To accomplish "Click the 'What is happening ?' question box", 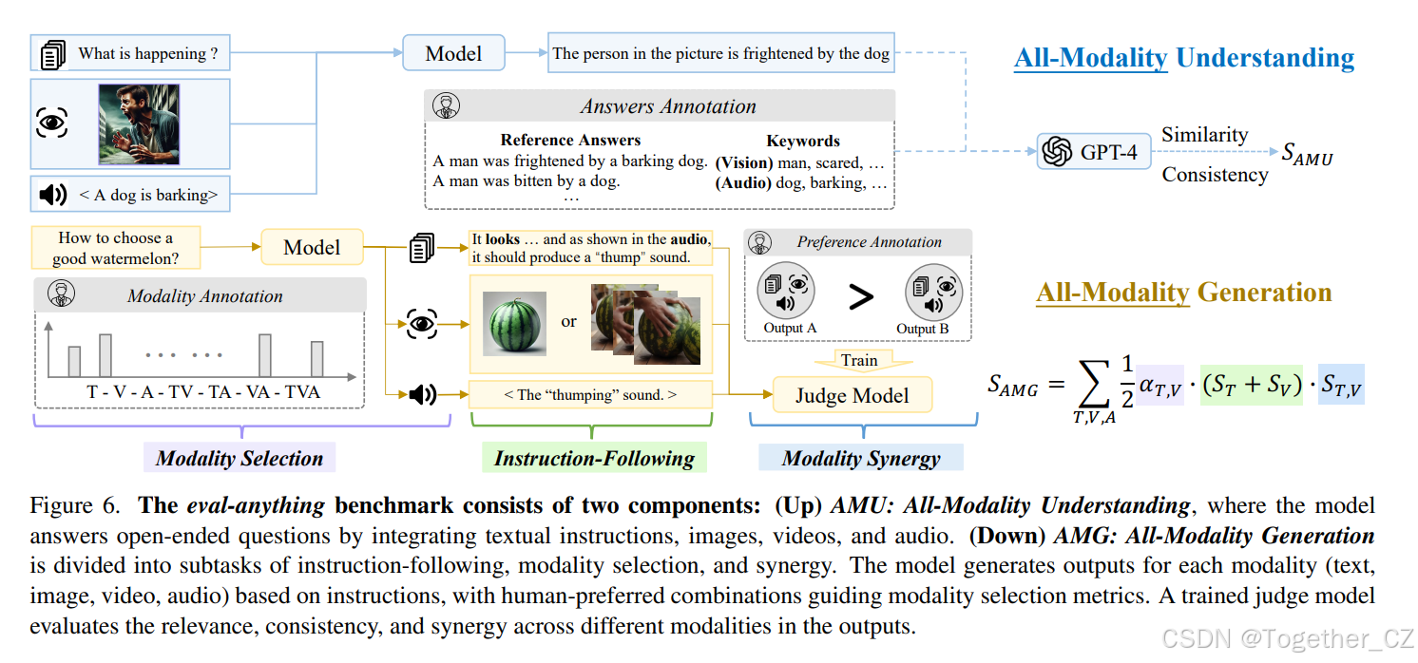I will pos(130,54).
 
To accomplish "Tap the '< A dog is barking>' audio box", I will pos(130,195).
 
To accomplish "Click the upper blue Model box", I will pos(453,53).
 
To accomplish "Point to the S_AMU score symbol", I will pos(1307,153).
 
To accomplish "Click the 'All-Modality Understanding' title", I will pos(1184,58).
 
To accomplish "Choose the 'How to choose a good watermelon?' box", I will pos(115,248).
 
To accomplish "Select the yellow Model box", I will pos(312,248).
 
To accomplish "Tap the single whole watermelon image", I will pos(514,323).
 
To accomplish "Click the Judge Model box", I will pos(852,396).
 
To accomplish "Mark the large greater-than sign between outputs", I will pos(860,297).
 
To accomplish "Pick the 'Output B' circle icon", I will pos(934,293).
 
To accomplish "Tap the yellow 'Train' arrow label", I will pos(859,360).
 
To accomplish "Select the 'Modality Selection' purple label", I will pos(240,459).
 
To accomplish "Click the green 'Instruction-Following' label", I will pos(594,459).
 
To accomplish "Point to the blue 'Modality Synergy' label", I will pos(861,459).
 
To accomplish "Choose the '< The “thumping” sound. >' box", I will pos(590,394).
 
